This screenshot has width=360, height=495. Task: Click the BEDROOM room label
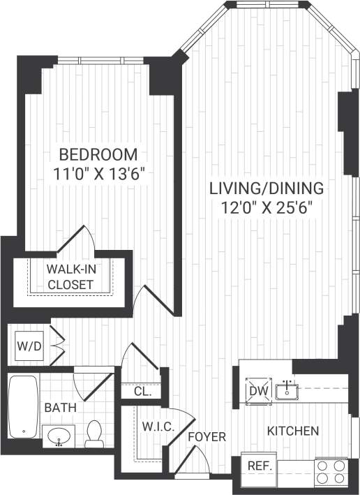[x=98, y=154]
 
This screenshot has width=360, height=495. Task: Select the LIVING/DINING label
[x=267, y=188]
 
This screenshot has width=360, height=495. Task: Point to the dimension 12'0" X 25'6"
[x=267, y=207]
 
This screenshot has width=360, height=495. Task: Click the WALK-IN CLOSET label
[x=70, y=276]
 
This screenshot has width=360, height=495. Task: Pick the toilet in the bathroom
[x=94, y=434]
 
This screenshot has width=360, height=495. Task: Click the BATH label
[x=57, y=407]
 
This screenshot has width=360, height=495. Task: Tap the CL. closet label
[x=142, y=392]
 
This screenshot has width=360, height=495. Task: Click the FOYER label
[x=207, y=437]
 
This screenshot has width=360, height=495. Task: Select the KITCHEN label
[x=293, y=431]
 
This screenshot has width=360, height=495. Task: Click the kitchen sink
[x=287, y=390]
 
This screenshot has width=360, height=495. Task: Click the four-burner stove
[x=331, y=471]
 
